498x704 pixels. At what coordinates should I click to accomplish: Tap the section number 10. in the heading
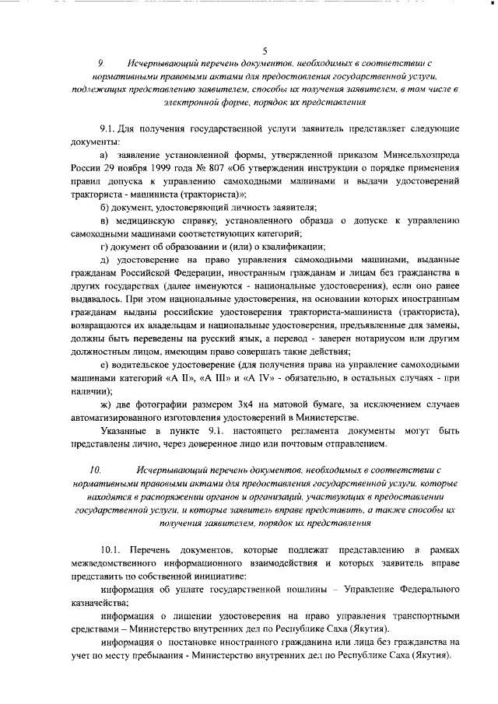pos(96,470)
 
